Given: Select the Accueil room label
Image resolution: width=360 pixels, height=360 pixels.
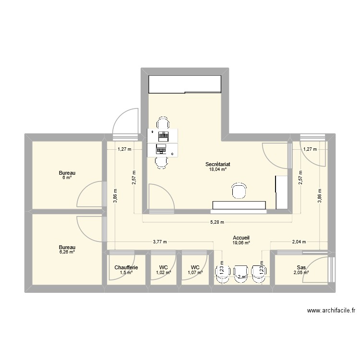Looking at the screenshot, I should (x=241, y=238).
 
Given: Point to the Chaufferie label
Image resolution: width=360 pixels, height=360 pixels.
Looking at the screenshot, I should (x=126, y=267).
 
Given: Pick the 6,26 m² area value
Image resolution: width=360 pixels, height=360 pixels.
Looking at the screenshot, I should (x=67, y=252).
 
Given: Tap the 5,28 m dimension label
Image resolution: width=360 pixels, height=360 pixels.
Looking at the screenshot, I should (x=217, y=222).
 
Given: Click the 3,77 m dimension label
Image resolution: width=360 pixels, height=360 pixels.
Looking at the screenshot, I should (x=160, y=242).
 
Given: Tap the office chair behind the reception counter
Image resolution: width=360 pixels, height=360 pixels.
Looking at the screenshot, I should (x=239, y=191).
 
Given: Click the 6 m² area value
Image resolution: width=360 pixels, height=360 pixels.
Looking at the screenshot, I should (x=67, y=178).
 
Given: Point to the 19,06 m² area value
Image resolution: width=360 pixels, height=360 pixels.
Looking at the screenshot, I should (x=241, y=243).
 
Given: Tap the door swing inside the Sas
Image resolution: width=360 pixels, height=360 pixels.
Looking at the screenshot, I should (x=317, y=269).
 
